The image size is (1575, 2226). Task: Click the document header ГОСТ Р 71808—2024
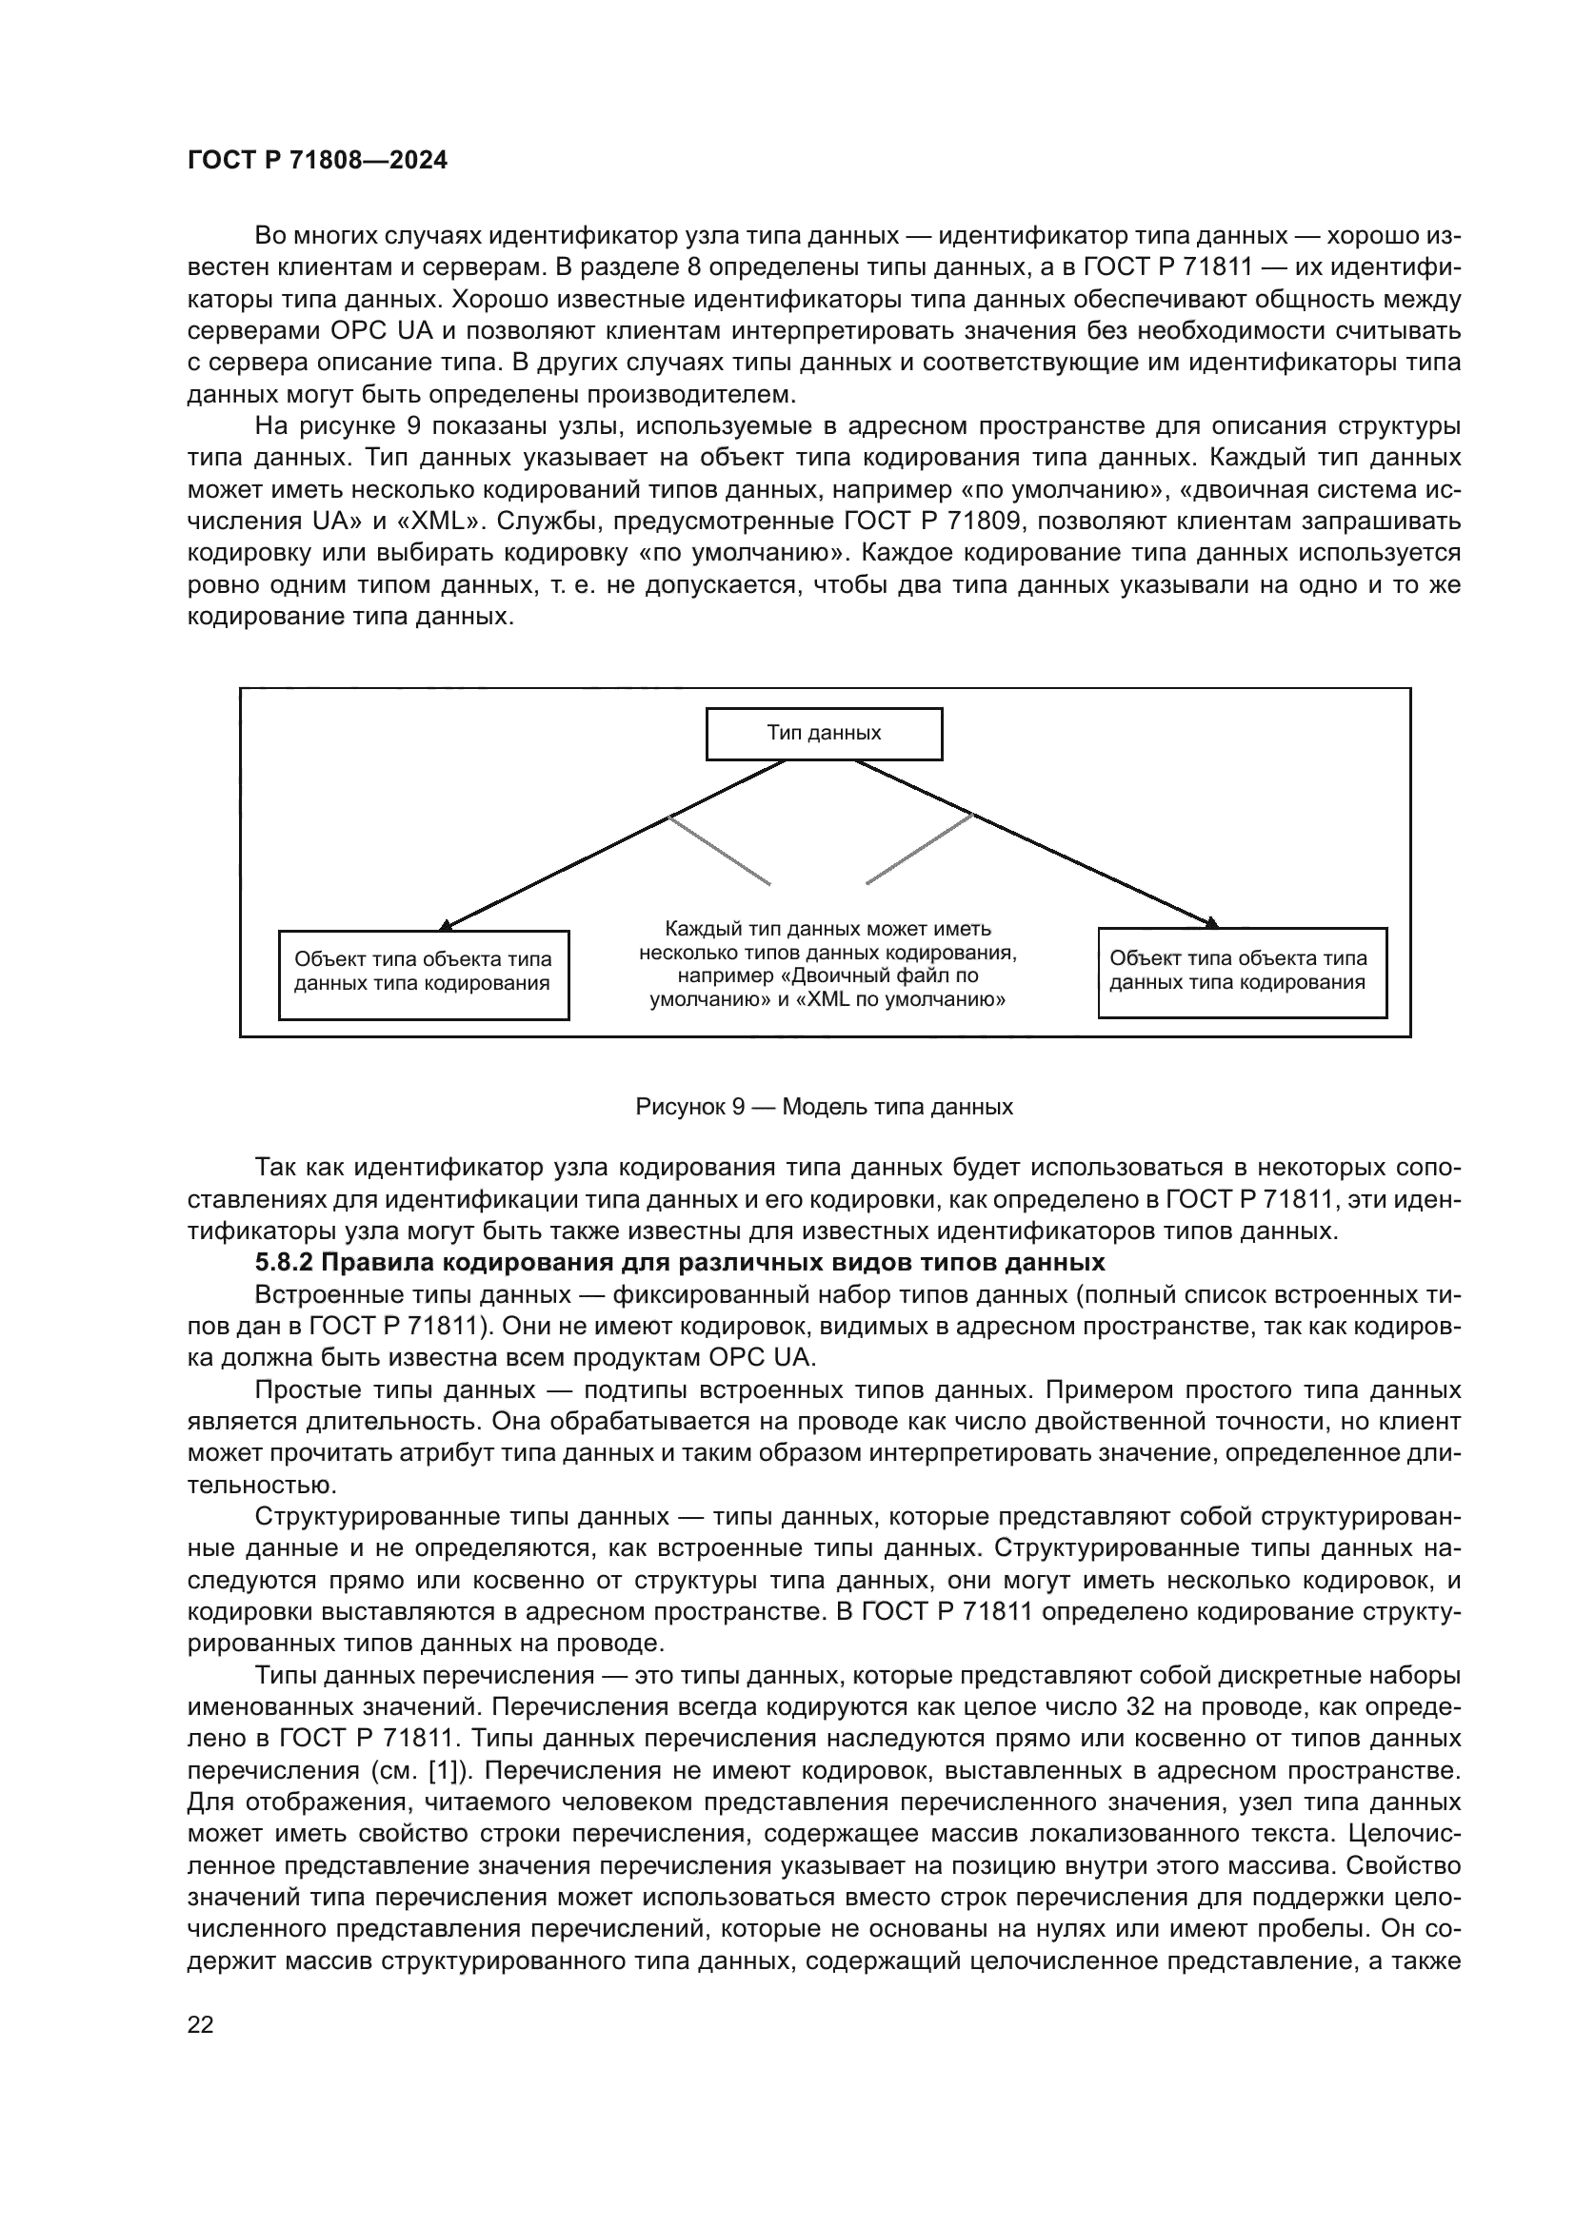pos(317,161)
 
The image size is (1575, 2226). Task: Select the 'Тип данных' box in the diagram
pos(824,734)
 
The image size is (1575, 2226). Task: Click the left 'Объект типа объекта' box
pos(423,975)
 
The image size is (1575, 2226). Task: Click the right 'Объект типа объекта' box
pos(1242,973)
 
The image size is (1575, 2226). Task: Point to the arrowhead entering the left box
pos(445,925)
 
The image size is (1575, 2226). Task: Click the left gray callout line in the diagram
pos(720,850)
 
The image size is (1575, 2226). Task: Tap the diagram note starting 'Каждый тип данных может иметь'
pos(827,964)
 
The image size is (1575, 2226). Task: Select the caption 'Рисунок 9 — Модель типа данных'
pos(824,1107)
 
